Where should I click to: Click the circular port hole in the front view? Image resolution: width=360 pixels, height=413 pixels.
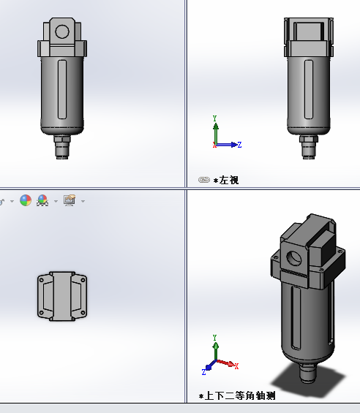point(61,31)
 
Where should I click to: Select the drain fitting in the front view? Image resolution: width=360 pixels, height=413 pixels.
point(61,145)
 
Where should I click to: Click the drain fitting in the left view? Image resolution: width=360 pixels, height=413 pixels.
point(307,145)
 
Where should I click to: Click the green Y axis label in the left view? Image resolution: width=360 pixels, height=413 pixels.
point(214,117)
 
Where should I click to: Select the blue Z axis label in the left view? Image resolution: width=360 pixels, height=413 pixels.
point(239,145)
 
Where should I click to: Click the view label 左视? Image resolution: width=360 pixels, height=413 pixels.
point(228,180)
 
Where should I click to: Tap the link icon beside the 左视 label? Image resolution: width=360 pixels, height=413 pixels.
point(204,180)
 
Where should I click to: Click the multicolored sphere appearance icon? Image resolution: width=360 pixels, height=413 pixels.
point(26,200)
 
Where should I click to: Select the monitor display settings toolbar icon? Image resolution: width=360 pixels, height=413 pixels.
point(70,200)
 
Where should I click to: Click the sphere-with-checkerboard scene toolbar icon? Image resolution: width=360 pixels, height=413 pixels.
point(43,200)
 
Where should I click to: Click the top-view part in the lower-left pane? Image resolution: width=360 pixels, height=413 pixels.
point(61,295)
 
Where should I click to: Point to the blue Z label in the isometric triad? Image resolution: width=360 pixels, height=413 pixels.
point(204,371)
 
